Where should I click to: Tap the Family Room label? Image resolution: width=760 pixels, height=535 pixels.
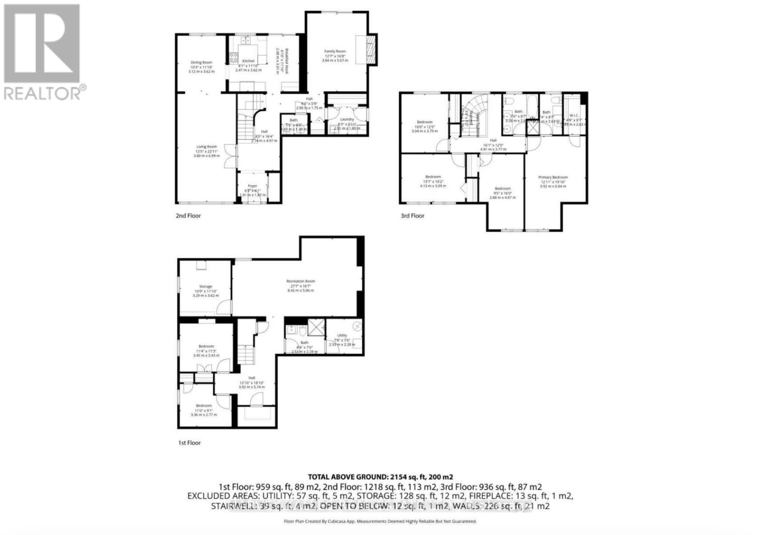pyautogui.click(x=335, y=51)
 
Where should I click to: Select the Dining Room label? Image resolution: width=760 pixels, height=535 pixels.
pyautogui.click(x=201, y=62)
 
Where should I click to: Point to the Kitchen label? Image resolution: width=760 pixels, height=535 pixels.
pyautogui.click(x=248, y=61)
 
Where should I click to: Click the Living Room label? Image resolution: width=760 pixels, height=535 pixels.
pyautogui.click(x=207, y=147)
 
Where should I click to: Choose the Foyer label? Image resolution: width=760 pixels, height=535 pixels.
pyautogui.click(x=252, y=186)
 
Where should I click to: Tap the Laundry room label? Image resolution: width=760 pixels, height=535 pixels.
pyautogui.click(x=347, y=119)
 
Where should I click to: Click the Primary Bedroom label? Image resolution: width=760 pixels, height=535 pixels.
pyautogui.click(x=553, y=177)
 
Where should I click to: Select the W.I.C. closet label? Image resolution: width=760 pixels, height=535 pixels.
pyautogui.click(x=574, y=115)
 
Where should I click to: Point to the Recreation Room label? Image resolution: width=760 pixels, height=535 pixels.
pyautogui.click(x=300, y=281)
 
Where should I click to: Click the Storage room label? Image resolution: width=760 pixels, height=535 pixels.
pyautogui.click(x=206, y=287)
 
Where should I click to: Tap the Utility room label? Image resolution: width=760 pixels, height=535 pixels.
pyautogui.click(x=342, y=335)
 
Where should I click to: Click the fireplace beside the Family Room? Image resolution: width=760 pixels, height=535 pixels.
pyautogui.click(x=372, y=49)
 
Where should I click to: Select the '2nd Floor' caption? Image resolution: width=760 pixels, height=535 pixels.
pyautogui.click(x=188, y=216)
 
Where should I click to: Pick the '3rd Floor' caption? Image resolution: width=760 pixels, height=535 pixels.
pyautogui.click(x=412, y=216)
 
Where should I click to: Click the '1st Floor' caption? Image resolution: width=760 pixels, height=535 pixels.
pyautogui.click(x=189, y=443)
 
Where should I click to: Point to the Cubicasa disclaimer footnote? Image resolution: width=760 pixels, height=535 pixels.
pyautogui.click(x=380, y=521)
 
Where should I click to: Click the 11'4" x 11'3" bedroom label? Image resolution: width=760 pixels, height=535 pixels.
pyautogui.click(x=206, y=346)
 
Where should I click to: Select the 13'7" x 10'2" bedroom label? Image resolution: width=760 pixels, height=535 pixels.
pyautogui.click(x=433, y=177)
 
